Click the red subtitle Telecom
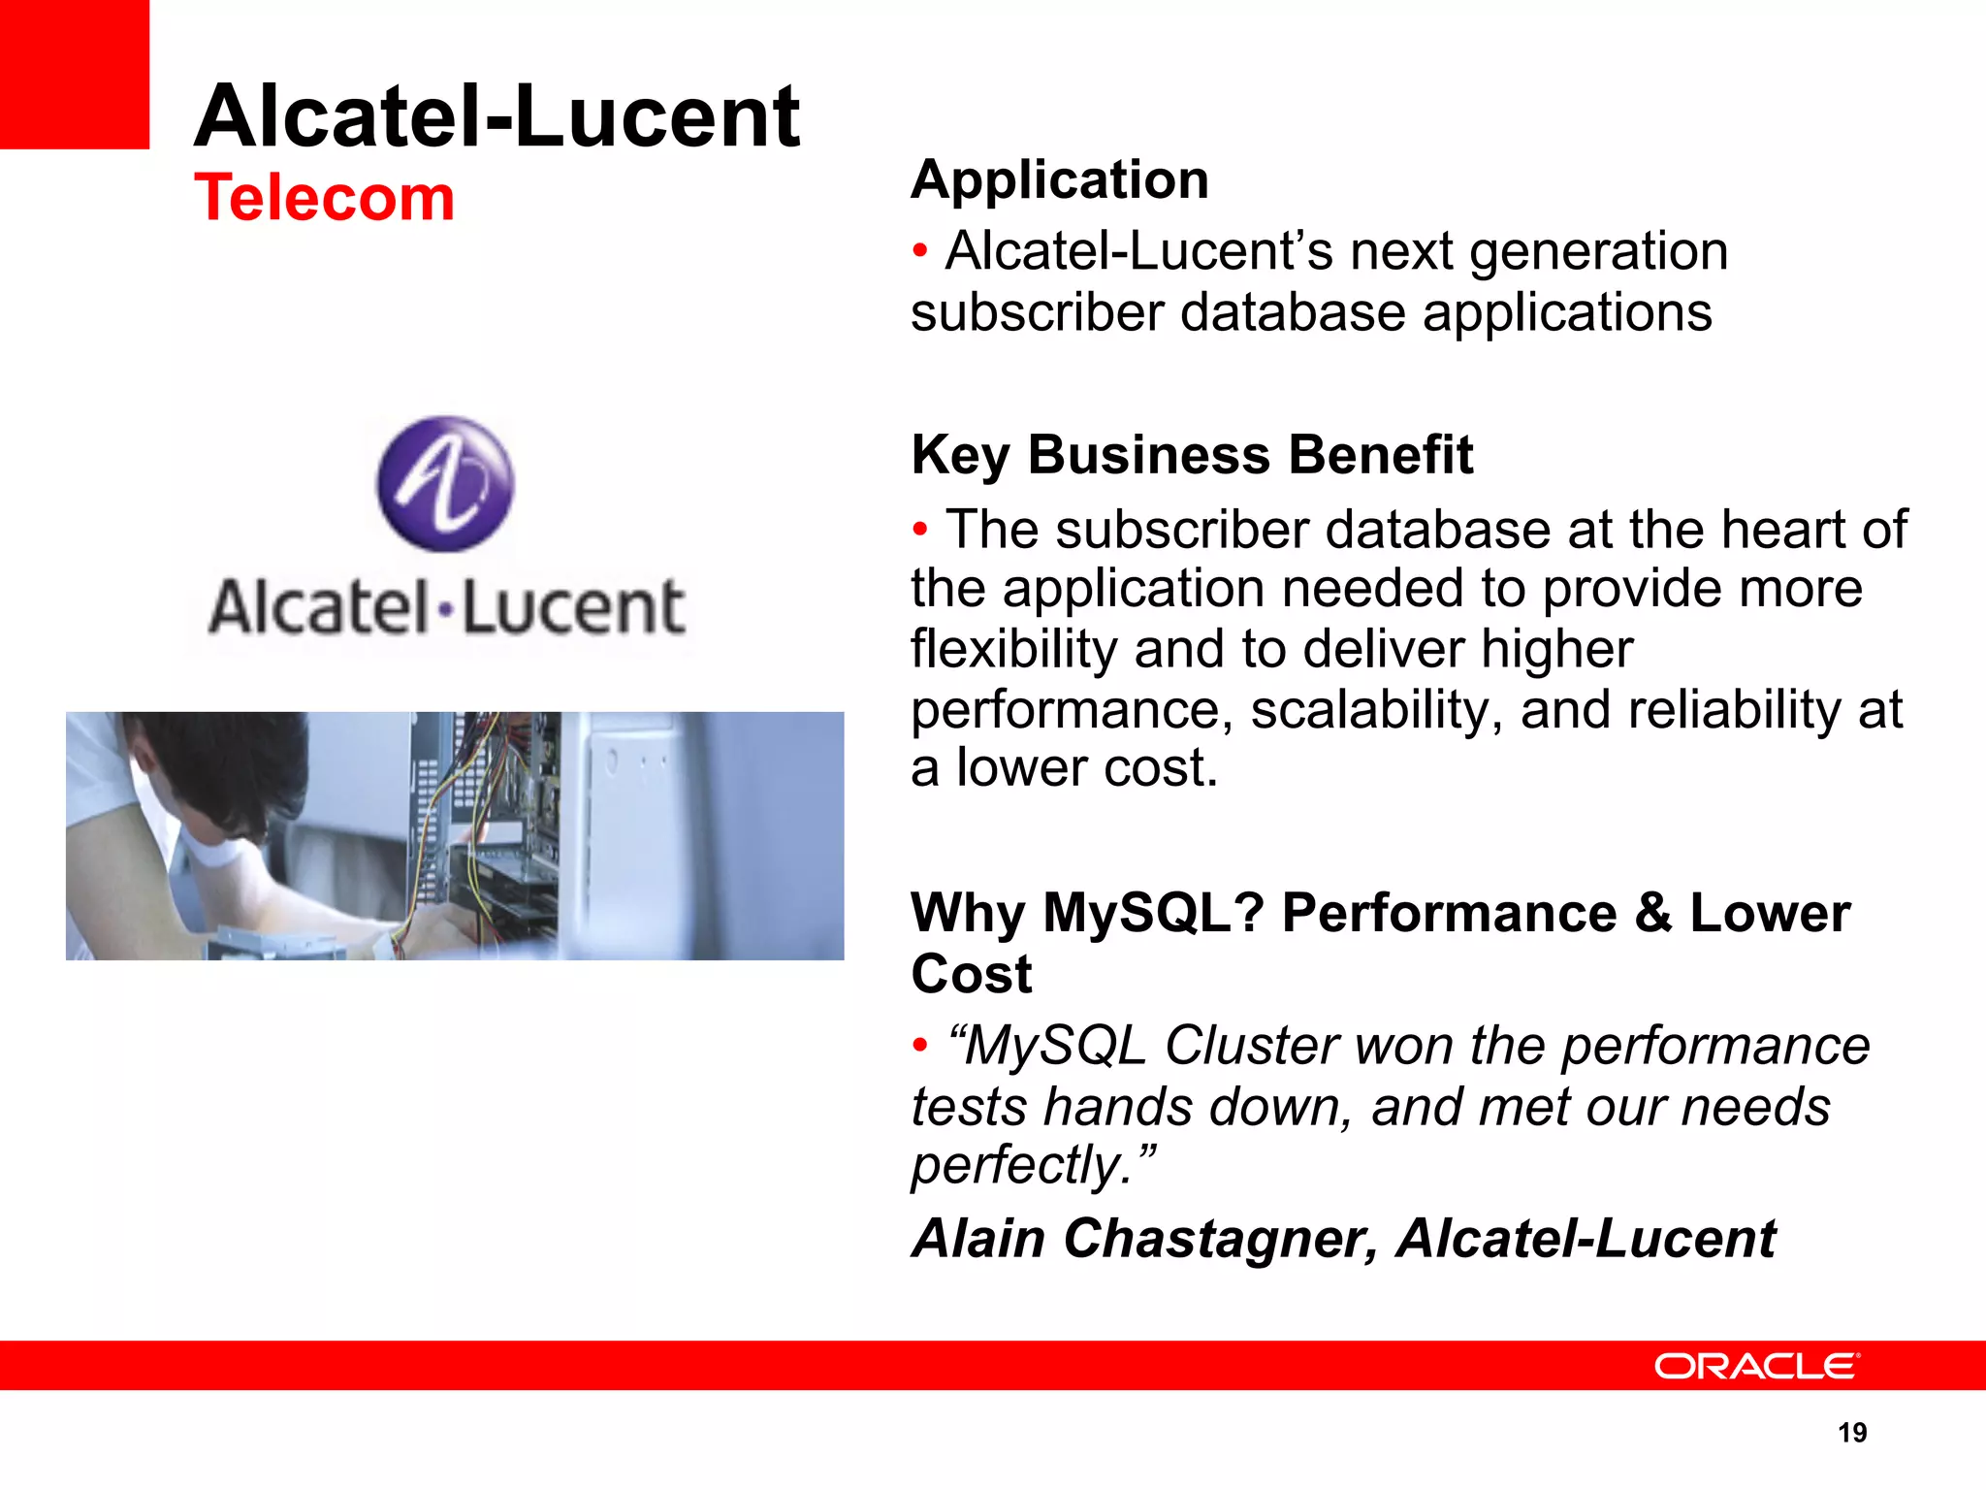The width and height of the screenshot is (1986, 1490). pyautogui.click(x=324, y=198)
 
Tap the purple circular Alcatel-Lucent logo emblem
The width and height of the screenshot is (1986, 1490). pyautogui.click(x=445, y=484)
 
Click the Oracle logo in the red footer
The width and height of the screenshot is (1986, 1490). pyautogui.click(x=1756, y=1366)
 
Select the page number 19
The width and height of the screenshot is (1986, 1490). pyautogui.click(x=1852, y=1433)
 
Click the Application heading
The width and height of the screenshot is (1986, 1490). pyautogui.click(x=1060, y=180)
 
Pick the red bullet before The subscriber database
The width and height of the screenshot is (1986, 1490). pyautogui.click(x=920, y=530)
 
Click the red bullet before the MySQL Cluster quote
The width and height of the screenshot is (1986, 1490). pyautogui.click(x=920, y=1046)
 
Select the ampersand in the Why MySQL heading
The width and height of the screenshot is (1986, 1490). pyautogui.click(x=1653, y=914)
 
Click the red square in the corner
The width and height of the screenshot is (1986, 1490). pyautogui.click(x=75, y=74)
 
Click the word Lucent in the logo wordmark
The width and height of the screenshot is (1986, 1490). pyautogui.click(x=572, y=608)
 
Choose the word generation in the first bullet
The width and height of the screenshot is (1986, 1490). pyautogui.click(x=1598, y=252)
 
